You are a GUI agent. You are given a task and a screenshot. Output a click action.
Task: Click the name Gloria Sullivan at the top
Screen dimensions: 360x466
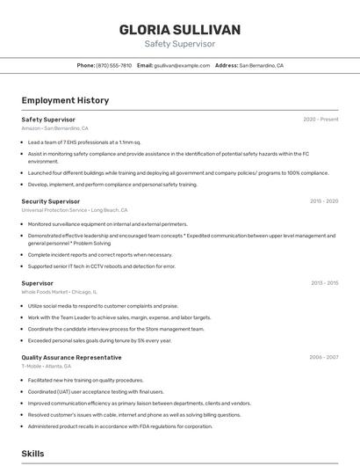(179, 30)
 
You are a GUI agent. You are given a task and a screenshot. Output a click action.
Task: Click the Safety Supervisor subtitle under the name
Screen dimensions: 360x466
(179, 44)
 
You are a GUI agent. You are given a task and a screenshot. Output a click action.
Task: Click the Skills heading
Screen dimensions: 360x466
(33, 453)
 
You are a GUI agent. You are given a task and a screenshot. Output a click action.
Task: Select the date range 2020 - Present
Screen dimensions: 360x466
(320, 120)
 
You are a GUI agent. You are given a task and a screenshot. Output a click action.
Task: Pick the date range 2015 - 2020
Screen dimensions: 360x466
(323, 201)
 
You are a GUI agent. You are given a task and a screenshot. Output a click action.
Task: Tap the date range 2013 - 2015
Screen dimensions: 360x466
(323, 283)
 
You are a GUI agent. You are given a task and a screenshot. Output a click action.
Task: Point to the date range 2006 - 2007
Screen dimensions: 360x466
(323, 358)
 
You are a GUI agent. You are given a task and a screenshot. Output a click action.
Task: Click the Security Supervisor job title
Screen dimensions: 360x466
(51, 201)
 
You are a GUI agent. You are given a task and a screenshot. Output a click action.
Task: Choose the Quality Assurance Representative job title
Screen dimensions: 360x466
(71, 358)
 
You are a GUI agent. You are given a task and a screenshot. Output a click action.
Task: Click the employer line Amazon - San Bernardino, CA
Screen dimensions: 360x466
(54, 128)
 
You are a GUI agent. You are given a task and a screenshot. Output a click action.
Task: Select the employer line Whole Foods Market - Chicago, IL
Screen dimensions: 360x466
(59, 292)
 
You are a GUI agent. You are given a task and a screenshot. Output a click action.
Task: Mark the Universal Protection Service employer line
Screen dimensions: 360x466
(75, 210)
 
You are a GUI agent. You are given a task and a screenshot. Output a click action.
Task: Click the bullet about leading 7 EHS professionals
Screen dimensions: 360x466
(84, 142)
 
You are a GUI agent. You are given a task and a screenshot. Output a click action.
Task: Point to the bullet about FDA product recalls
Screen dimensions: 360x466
(120, 426)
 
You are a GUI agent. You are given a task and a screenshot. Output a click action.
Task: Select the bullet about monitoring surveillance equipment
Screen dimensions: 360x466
(108, 224)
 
